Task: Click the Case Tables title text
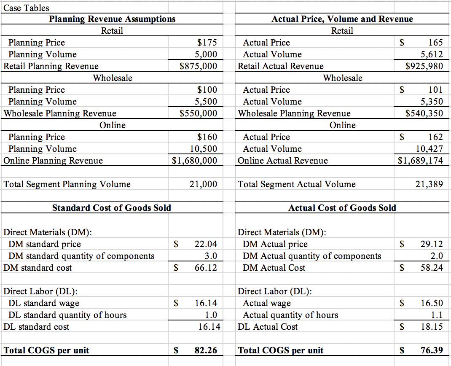(x=26, y=8)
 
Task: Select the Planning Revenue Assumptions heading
(x=112, y=19)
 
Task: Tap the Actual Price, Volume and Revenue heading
(x=342, y=19)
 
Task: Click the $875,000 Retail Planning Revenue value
(x=198, y=66)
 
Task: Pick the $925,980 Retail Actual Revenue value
(x=424, y=66)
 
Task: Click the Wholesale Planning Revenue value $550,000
(x=198, y=113)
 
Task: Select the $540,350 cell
(x=424, y=113)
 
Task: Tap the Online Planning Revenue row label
(x=53, y=161)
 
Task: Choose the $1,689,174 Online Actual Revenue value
(x=421, y=161)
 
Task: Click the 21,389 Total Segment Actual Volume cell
(x=429, y=184)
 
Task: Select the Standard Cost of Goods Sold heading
(x=112, y=208)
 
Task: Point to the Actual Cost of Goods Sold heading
(x=342, y=208)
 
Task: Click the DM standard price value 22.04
(x=206, y=244)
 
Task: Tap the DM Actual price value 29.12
(x=432, y=244)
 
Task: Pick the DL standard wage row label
(x=44, y=303)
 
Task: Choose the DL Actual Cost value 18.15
(x=432, y=327)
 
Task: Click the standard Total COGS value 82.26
(x=206, y=350)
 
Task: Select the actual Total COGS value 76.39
(x=432, y=350)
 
